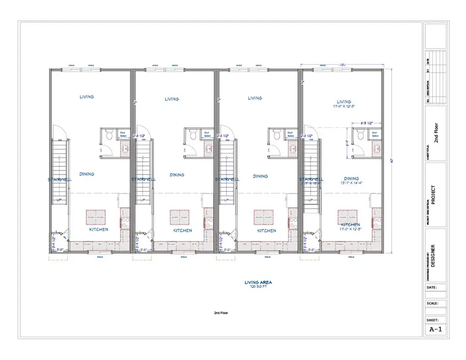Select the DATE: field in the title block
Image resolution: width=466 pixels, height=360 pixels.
click(x=432, y=287)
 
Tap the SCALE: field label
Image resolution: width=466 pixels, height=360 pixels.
click(x=432, y=304)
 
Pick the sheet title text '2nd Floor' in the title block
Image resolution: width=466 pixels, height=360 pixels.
click(x=436, y=134)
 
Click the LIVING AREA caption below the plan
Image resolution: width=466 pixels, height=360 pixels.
click(x=258, y=282)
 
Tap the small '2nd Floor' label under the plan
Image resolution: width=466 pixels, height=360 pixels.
click(x=221, y=313)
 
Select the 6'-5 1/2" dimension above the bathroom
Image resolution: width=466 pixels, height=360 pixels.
click(x=365, y=123)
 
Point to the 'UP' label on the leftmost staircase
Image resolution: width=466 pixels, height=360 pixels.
click(x=59, y=200)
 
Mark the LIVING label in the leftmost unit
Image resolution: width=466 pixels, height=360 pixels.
click(x=87, y=97)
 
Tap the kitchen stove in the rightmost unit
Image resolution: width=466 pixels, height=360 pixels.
click(x=375, y=220)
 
